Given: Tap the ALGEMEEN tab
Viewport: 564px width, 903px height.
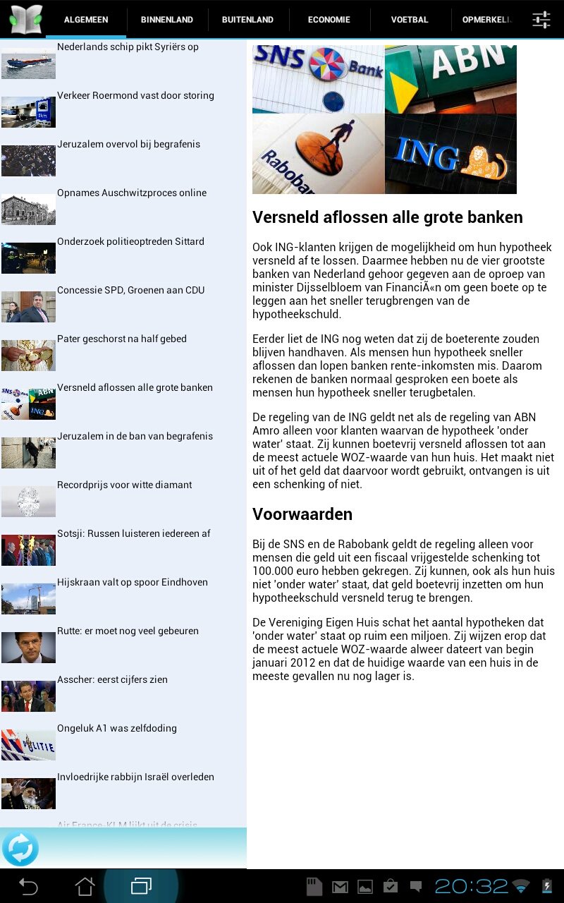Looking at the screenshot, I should coord(86,20).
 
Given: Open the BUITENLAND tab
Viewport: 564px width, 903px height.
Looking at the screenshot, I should coord(247,20).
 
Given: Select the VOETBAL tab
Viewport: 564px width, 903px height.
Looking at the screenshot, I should coord(410,20).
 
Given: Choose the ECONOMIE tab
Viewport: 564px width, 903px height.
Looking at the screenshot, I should coord(329,20).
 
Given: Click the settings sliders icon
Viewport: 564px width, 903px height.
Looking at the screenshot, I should coord(541,20).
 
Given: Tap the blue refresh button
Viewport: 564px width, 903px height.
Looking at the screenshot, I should coord(20,848).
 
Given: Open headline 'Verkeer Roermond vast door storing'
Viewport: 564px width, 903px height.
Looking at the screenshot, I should coord(135,96).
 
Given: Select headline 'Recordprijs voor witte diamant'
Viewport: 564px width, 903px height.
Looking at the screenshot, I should coord(125,485).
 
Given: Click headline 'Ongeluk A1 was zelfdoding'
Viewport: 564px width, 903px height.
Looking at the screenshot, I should coord(117,729).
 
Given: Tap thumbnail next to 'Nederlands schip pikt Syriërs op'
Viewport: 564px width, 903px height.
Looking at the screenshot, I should coord(28,63).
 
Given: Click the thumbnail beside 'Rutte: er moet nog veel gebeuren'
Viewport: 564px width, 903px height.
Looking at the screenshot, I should coord(28,647).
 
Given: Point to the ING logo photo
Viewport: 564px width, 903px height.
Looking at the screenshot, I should coord(450,154).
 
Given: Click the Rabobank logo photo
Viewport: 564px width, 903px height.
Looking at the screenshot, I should coord(318,154).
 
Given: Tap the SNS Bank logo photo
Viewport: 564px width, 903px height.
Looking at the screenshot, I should coord(318,78).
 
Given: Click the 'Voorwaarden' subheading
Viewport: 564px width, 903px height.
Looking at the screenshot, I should coord(302,514).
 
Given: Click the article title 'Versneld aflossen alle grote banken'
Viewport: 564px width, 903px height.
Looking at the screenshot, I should coord(388,217).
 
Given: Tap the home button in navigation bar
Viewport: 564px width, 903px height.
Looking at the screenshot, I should coord(85,886).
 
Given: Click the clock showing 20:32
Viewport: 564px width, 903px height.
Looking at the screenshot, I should coord(471,886).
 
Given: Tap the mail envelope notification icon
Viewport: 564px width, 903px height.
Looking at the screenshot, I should coord(340,887).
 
